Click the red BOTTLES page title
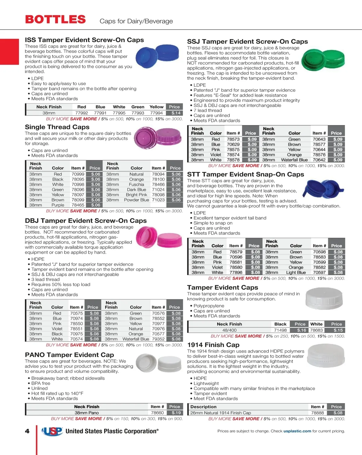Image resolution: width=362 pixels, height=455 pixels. (x=56, y=20)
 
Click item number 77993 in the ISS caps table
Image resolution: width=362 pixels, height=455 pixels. (x=138, y=113)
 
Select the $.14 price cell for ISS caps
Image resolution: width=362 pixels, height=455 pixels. (x=176, y=113)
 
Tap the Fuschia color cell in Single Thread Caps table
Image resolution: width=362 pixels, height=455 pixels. (x=136, y=185)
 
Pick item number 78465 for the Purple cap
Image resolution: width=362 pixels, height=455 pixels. (x=78, y=205)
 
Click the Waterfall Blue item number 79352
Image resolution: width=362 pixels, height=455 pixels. (x=158, y=339)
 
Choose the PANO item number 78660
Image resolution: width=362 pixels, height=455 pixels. (x=157, y=413)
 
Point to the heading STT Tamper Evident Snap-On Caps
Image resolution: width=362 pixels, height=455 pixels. (x=246, y=174)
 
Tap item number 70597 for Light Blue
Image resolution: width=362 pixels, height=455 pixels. (x=319, y=272)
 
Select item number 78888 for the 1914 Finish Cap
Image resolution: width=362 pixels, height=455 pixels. (x=317, y=413)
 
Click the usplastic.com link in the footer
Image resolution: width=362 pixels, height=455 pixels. (x=297, y=431)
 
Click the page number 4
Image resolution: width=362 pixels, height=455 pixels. (x=27, y=431)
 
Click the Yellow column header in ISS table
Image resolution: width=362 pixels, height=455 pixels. (x=156, y=107)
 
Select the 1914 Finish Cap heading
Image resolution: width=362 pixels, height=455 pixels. (x=213, y=345)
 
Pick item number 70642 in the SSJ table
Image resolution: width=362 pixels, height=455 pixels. (x=319, y=160)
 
